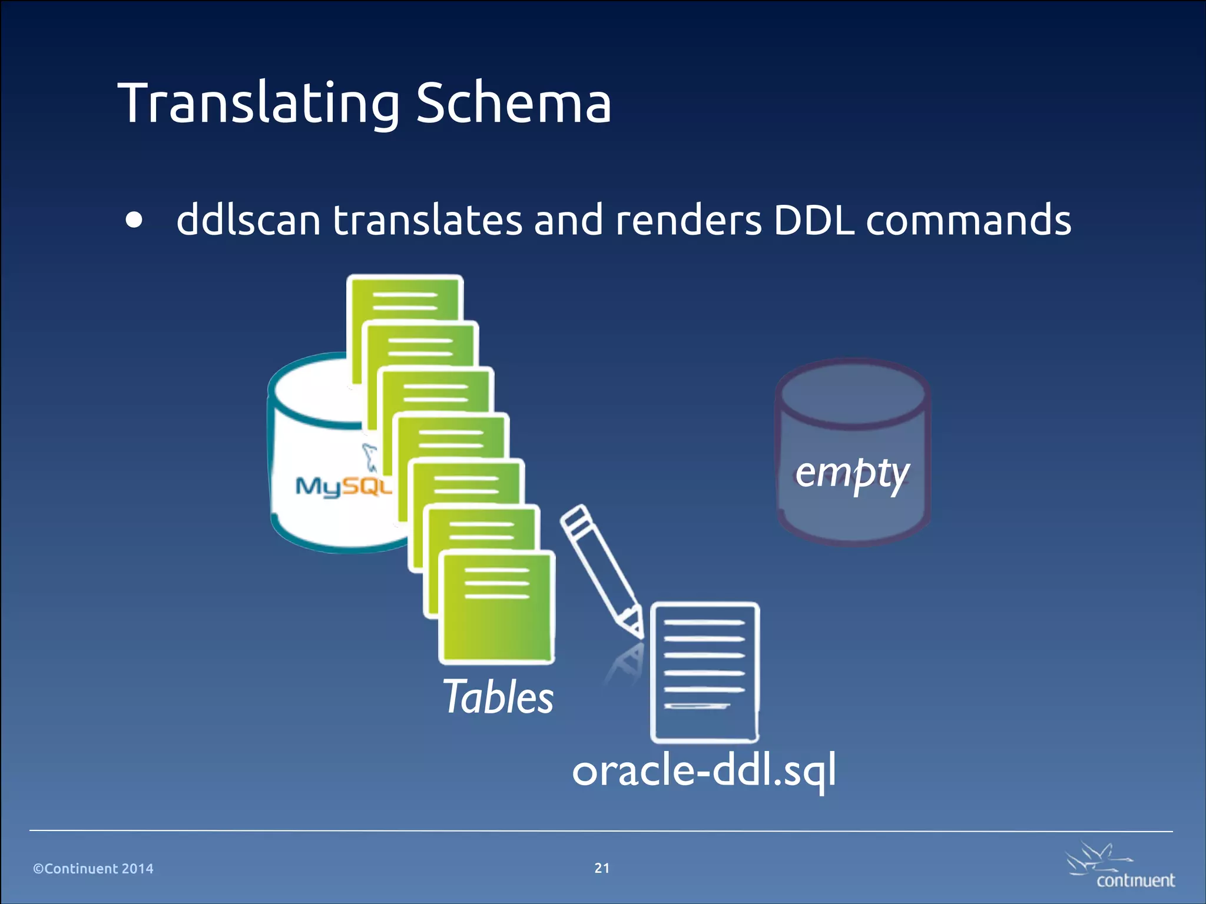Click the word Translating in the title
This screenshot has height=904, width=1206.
[259, 104]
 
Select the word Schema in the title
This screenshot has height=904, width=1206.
[513, 104]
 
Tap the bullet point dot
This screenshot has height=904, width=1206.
[134, 220]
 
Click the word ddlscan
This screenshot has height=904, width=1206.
[248, 220]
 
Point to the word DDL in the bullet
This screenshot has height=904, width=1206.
[813, 220]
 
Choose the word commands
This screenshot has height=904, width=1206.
[968, 220]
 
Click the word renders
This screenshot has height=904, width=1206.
[688, 220]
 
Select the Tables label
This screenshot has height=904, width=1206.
[498, 697]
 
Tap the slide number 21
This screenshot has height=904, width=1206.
[602, 868]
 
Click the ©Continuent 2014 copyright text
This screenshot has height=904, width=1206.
[93, 869]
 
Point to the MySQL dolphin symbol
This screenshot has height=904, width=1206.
[370, 457]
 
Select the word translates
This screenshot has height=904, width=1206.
[428, 220]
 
